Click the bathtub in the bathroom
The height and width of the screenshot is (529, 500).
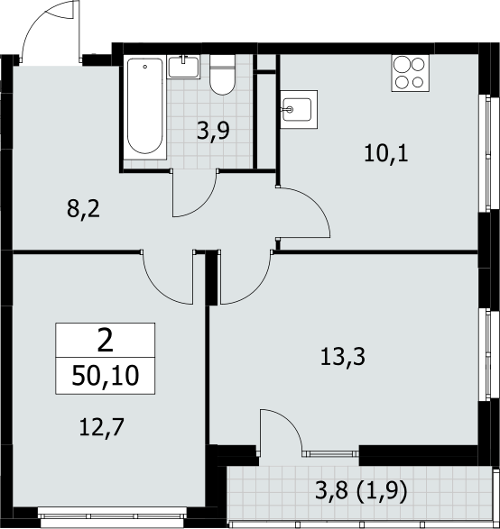point(145,107)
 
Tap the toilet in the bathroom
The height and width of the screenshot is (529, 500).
point(222,75)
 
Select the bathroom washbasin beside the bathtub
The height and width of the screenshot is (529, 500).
point(184,67)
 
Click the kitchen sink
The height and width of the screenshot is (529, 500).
point(299,109)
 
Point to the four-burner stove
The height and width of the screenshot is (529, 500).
point(410,73)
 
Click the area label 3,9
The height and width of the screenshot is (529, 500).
point(213,132)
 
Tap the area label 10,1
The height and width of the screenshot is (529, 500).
point(386,154)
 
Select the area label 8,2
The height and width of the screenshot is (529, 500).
point(83,209)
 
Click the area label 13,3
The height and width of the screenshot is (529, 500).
point(343,357)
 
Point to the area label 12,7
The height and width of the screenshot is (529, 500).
point(102,427)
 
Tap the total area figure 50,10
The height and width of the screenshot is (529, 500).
point(106,376)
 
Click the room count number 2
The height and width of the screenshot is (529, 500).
point(105,341)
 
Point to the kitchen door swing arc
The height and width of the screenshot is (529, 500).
point(316,203)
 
